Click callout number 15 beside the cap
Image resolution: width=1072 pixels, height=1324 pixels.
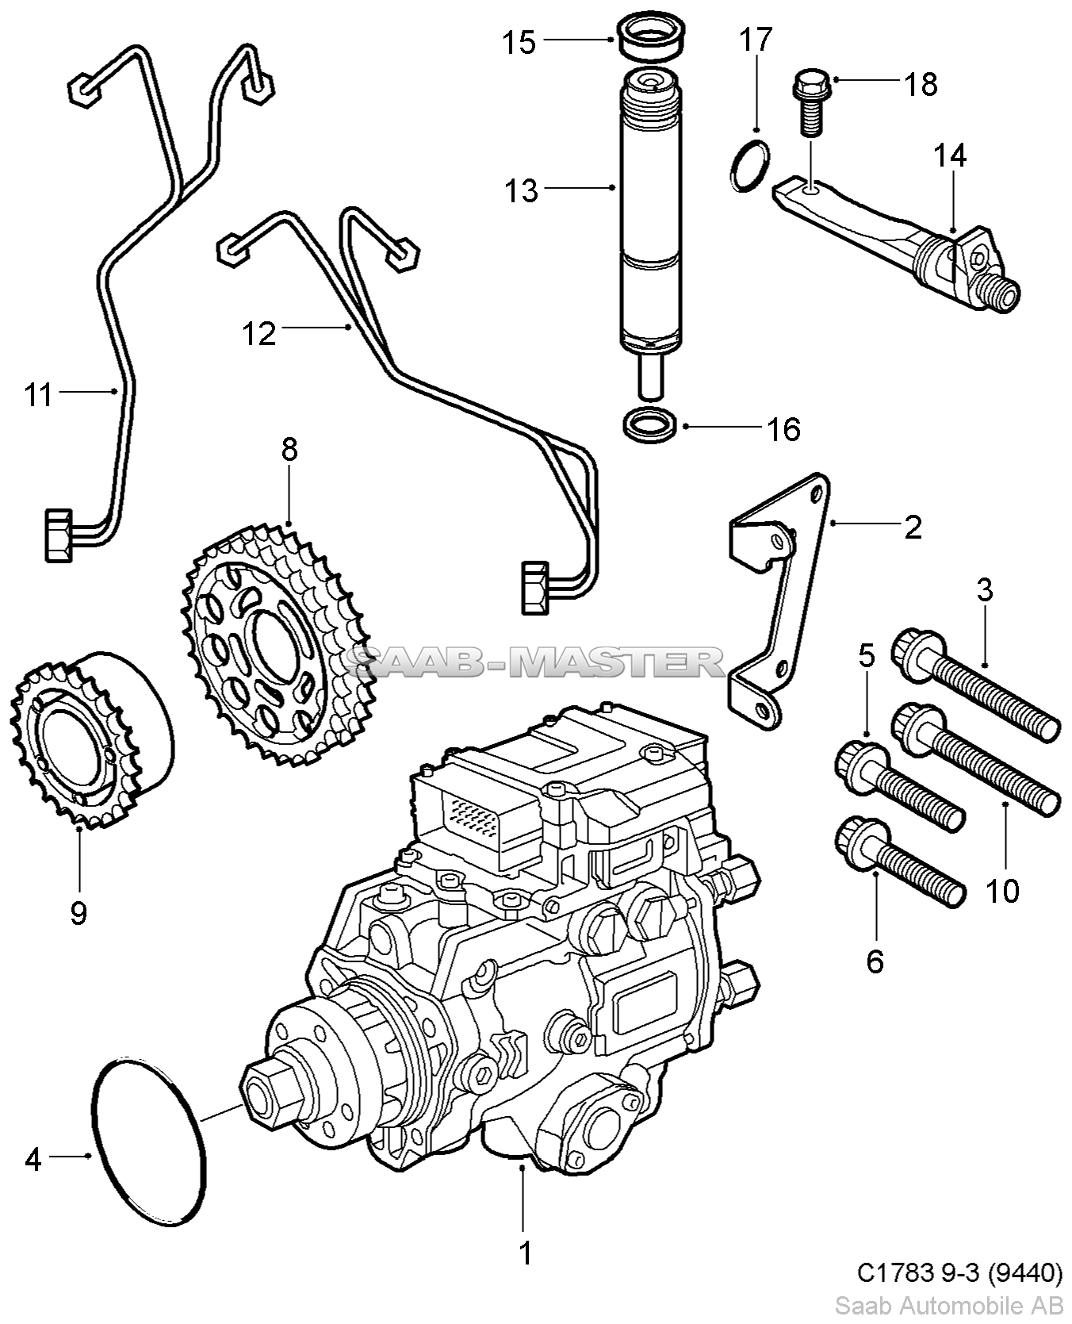point(519,42)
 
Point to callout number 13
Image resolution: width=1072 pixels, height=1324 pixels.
point(521,190)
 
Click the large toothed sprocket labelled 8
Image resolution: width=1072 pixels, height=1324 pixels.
point(274,643)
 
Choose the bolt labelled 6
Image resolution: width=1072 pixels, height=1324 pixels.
point(900,863)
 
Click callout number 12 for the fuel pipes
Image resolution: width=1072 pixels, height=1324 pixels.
point(258,333)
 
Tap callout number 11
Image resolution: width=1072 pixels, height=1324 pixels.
point(37,394)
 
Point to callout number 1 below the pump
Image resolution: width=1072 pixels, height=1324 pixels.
point(525,1253)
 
